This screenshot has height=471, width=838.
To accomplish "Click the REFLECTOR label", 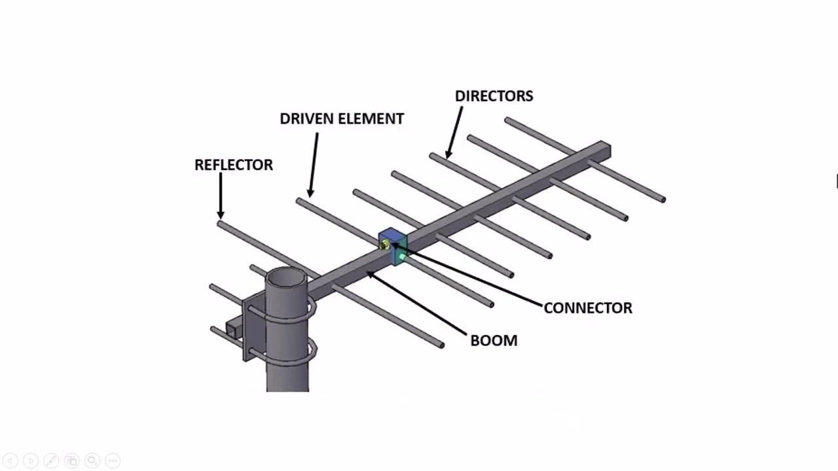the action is pyautogui.click(x=234, y=165).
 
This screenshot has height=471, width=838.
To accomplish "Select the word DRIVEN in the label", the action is pyautogui.click(x=306, y=119).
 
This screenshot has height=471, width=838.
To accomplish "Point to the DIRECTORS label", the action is pyautogui.click(x=494, y=96).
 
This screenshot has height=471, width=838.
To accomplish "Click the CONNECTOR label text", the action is pyautogui.click(x=588, y=308).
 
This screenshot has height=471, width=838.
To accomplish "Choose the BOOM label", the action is pyautogui.click(x=494, y=341).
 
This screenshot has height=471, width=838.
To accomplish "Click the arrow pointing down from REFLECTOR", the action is pyautogui.click(x=221, y=196).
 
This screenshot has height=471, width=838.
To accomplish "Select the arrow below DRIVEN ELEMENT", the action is pyautogui.click(x=314, y=165).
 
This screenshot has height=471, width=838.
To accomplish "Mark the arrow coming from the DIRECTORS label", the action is pyautogui.click(x=454, y=132).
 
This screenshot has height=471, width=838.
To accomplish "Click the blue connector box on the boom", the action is pyautogui.click(x=393, y=246).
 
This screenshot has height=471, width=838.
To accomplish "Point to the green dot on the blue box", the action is pyautogui.click(x=402, y=257).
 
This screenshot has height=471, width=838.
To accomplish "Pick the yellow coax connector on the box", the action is pyautogui.click(x=384, y=245).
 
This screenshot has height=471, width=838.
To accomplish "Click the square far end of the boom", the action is pyautogui.click(x=606, y=150).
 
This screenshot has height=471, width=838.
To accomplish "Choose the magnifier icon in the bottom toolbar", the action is pyautogui.click(x=92, y=461).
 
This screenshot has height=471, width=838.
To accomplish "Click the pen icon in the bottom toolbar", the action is pyautogui.click(x=51, y=461).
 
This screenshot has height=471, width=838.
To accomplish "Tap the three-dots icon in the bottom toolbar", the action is pyautogui.click(x=113, y=461).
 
